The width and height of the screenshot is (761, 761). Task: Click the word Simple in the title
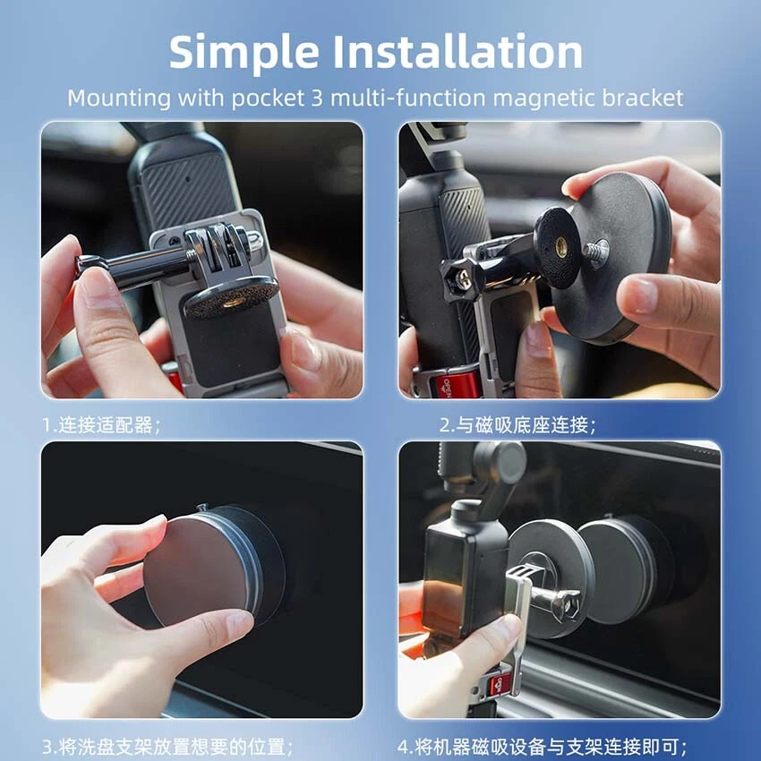click(x=244, y=53)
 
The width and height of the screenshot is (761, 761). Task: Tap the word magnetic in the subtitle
click(x=545, y=98)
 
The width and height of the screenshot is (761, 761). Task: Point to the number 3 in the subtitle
click(x=316, y=98)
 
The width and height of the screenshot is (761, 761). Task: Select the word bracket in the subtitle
click(x=643, y=98)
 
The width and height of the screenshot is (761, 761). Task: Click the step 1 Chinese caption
click(x=101, y=425)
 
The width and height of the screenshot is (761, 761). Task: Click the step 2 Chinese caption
click(x=517, y=425)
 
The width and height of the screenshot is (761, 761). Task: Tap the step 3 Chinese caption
click(x=168, y=746)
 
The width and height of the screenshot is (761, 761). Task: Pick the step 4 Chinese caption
click(x=543, y=746)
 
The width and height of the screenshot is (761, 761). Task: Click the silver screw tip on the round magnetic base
click(x=595, y=252)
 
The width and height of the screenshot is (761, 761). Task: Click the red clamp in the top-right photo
click(x=452, y=383)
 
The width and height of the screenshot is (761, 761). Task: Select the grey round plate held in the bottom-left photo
click(x=198, y=571)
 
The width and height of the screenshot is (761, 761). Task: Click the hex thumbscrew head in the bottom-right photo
click(x=567, y=604)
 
